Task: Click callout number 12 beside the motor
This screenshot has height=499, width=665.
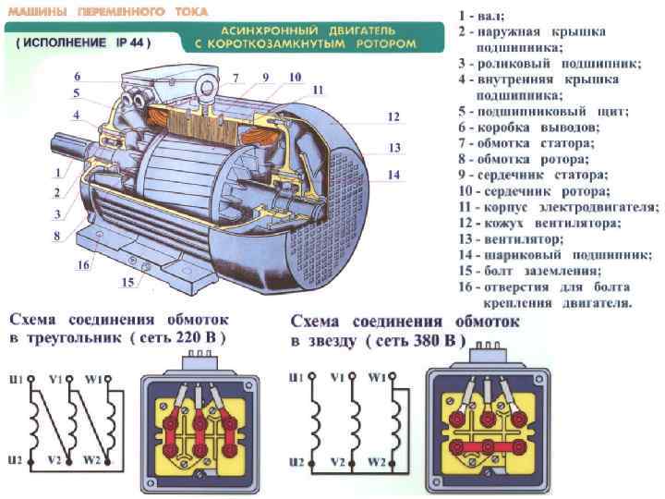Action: click(x=393, y=117)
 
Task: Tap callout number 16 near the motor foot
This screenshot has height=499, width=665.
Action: click(x=82, y=265)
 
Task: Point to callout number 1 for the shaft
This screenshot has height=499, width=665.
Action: click(x=58, y=172)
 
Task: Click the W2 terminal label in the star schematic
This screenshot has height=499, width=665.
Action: click(x=376, y=460)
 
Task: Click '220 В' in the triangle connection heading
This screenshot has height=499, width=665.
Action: click(x=197, y=338)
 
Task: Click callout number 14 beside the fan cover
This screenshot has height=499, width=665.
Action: click(x=393, y=175)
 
